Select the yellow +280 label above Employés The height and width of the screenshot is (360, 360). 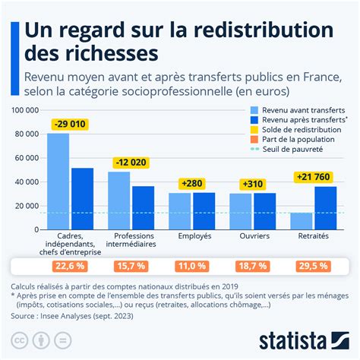pyautogui.click(x=191, y=183)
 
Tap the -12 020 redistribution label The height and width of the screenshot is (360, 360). pyautogui.click(x=131, y=162)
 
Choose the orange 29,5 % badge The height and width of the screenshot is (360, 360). pyautogui.click(x=313, y=267)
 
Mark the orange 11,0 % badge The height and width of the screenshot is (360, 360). pyautogui.click(x=191, y=267)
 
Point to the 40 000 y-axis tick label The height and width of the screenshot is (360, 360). pyautogui.click(x=26, y=182)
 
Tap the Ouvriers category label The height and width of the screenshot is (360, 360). pyautogui.click(x=252, y=235)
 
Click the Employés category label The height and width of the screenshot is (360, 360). pyautogui.click(x=191, y=235)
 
